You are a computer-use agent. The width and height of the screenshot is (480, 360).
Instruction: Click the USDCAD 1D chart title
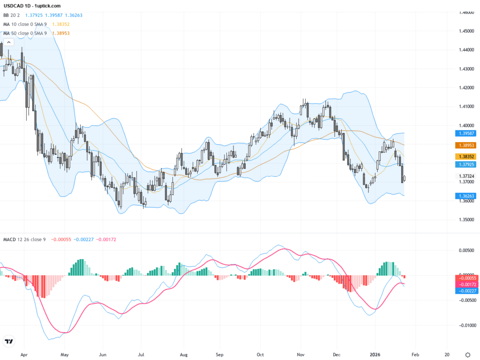(x=32, y=6)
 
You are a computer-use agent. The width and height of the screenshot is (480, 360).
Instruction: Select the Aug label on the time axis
(x=184, y=354)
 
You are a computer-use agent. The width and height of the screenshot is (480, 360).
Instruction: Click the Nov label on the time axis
(x=300, y=354)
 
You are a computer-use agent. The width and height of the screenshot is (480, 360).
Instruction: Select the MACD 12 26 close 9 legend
(x=24, y=240)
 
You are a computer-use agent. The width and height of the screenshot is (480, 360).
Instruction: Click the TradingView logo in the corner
(x=8, y=341)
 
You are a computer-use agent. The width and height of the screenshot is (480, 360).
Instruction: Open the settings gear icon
(x=467, y=354)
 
